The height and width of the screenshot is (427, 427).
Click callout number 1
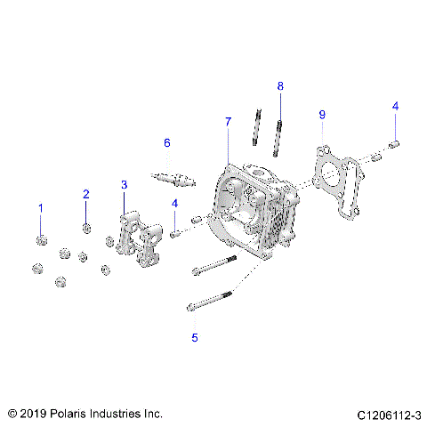(40, 207)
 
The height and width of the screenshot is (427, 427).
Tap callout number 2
(86, 194)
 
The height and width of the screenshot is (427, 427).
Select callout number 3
(125, 184)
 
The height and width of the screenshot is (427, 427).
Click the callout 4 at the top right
(395, 107)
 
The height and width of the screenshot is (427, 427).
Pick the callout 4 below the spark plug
(175, 204)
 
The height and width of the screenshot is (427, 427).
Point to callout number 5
(194, 338)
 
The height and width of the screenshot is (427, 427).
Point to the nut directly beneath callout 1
(41, 238)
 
